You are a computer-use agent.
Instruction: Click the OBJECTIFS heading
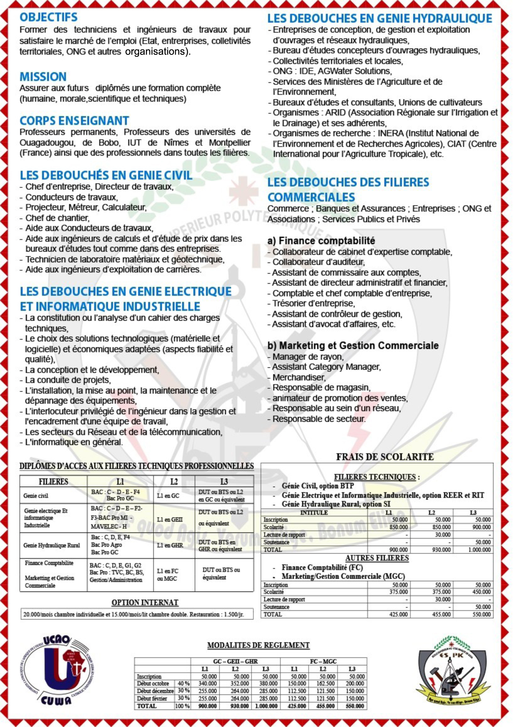pos(49,17)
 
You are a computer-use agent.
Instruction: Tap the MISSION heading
pos(43,77)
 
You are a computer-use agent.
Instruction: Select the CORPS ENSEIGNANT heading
pos(74,121)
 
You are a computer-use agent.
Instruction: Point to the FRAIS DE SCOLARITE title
pos(385,457)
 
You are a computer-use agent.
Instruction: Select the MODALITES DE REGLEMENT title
pos(258,645)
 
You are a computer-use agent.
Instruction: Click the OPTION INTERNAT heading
pos(145,602)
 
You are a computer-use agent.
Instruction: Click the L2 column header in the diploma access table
pos(174,481)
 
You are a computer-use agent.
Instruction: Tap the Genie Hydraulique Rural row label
pos(52,545)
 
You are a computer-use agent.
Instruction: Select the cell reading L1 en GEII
pos(170,519)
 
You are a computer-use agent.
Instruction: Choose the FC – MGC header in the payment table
pos(323,661)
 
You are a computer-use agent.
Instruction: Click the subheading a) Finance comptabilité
pos(321,241)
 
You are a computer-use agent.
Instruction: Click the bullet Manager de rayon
pos(308,356)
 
